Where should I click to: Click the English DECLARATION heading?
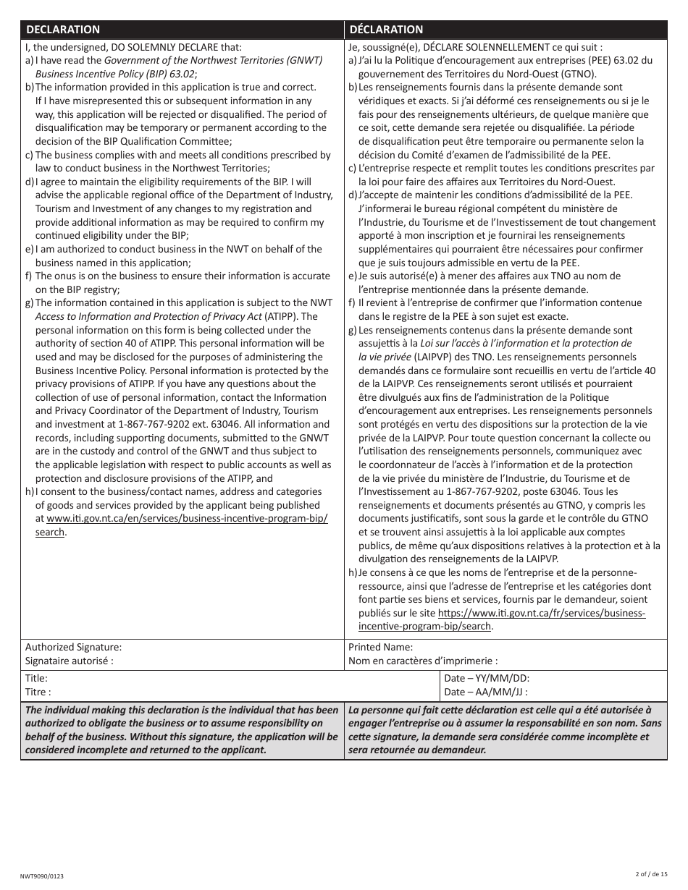[63, 30]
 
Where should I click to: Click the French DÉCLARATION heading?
[386, 30]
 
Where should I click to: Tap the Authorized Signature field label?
[73, 647]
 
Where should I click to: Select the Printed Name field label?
[381, 647]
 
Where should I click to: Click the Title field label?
[36, 678]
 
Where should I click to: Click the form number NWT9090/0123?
[42, 876]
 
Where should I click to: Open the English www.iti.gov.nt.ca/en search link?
[187, 519]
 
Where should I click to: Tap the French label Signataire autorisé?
[70, 661]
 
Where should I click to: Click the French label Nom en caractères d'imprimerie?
[423, 661]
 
